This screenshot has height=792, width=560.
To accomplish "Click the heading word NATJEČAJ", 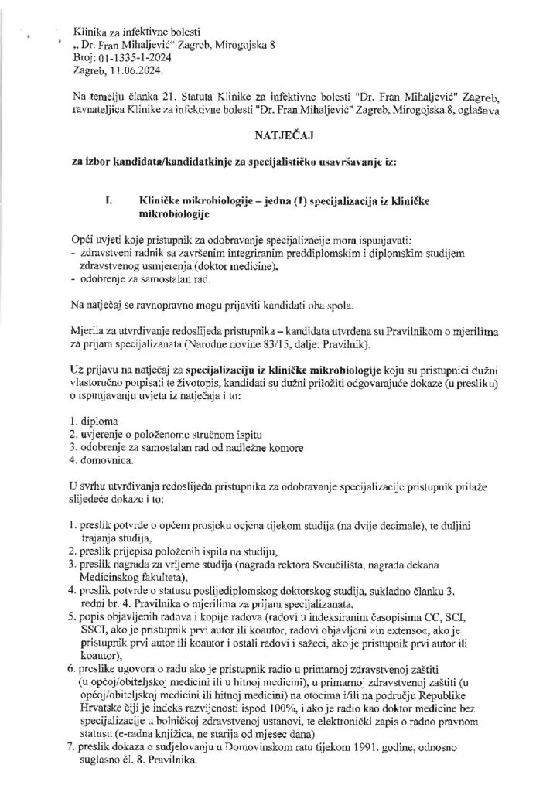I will point(279,132).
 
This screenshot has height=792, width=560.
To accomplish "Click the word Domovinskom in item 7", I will point(241,746).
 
